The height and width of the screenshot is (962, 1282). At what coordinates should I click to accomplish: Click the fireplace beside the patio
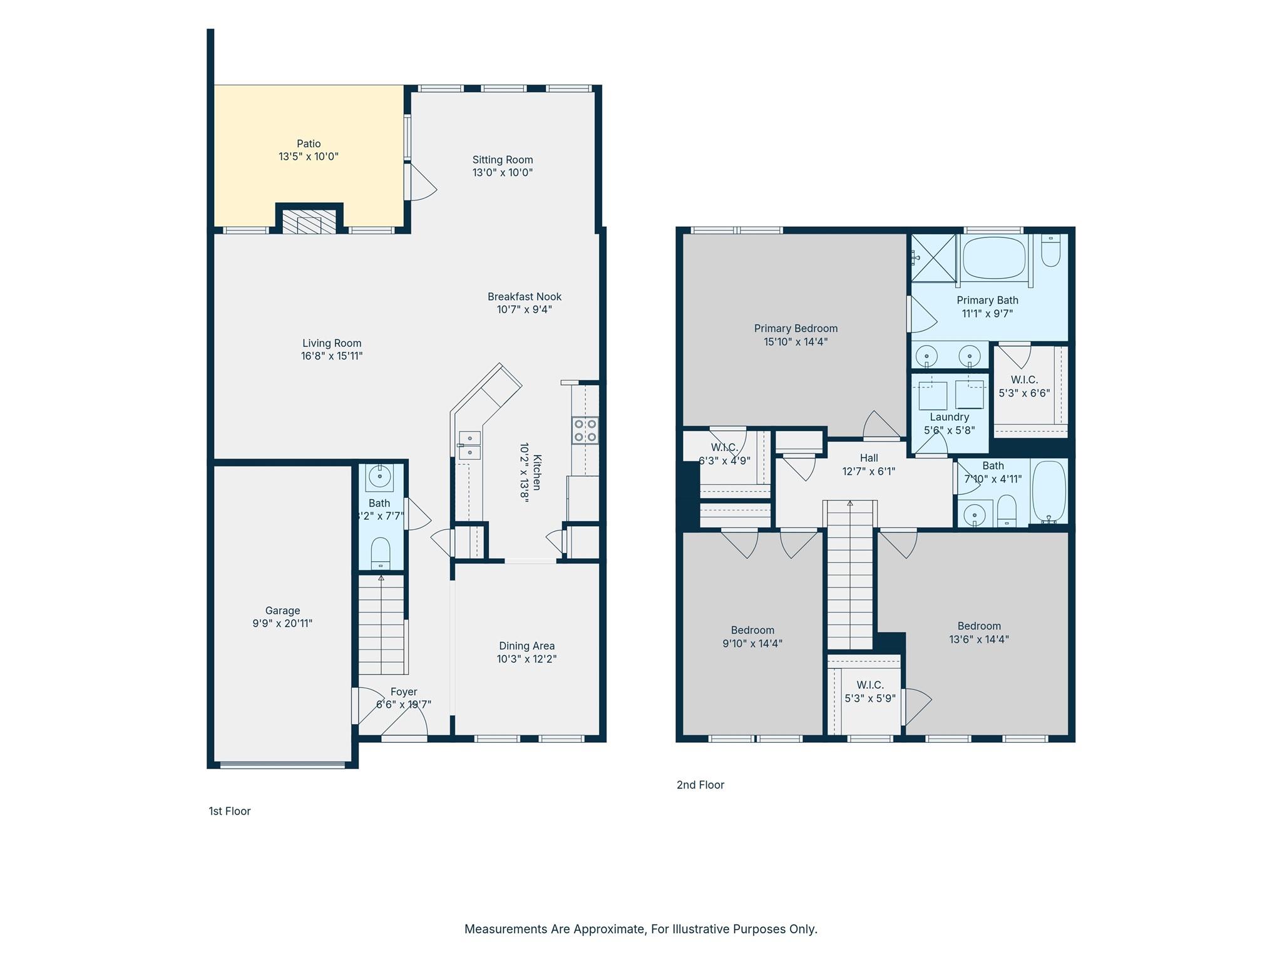[x=309, y=220]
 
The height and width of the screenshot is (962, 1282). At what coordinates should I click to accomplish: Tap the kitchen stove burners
[x=585, y=431]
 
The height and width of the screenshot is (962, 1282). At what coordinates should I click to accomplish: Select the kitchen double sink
[x=469, y=445]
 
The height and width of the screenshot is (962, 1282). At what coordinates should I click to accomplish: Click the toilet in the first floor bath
[x=381, y=553]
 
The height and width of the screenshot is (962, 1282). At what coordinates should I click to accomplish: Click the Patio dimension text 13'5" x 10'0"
[x=309, y=157]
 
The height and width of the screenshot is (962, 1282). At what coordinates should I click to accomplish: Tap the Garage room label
[x=282, y=611]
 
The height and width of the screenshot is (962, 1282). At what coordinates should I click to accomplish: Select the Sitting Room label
[x=503, y=160]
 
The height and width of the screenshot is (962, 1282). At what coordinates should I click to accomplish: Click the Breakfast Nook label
[x=525, y=296]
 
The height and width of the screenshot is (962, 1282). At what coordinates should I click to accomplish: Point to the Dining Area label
[x=526, y=646]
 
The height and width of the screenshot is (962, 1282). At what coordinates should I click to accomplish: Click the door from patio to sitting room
[x=420, y=182]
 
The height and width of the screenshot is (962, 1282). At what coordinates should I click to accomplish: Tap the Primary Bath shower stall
[x=933, y=258]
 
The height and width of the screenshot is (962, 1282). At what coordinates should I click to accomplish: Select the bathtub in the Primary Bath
[x=994, y=257]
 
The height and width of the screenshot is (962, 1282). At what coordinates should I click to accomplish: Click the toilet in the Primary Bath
[x=1051, y=251]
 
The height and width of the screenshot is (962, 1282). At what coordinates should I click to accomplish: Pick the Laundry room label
[x=949, y=417]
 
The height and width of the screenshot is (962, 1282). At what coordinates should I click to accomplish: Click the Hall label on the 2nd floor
[x=869, y=458]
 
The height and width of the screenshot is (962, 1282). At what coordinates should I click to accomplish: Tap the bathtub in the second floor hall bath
[x=1049, y=492]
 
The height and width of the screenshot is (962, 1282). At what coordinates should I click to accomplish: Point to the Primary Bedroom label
[x=796, y=328]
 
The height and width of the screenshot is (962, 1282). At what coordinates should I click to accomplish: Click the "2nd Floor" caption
[x=700, y=785]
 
